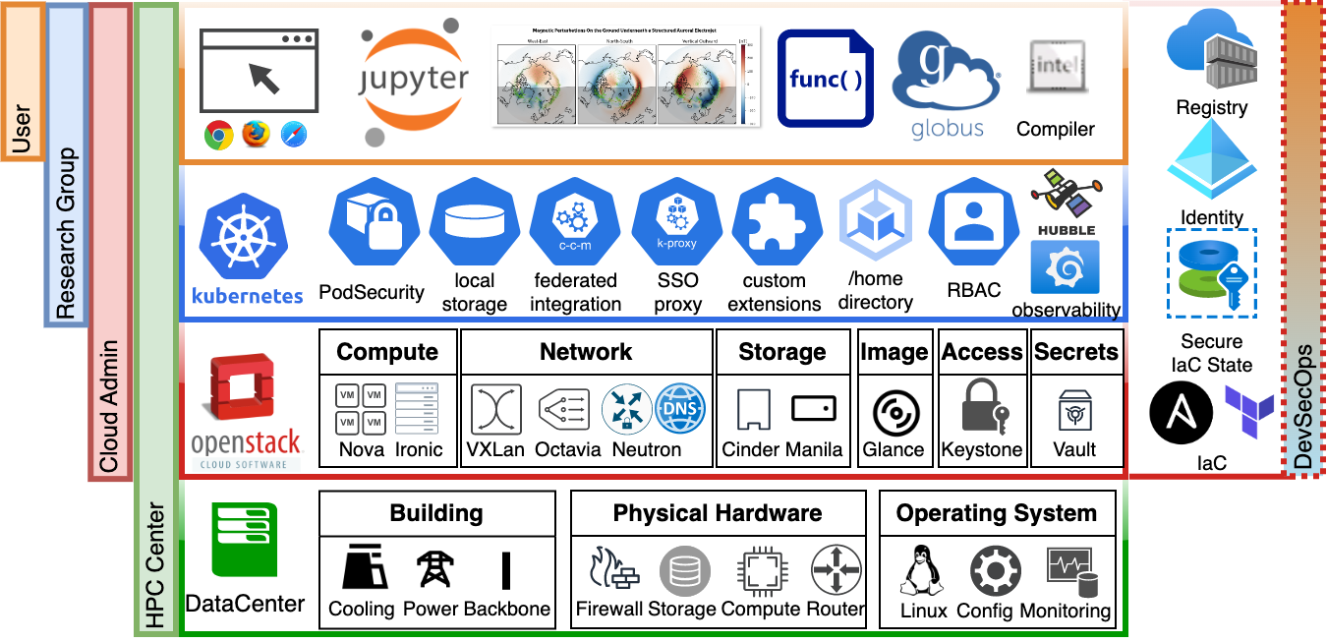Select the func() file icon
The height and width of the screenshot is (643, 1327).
[826, 79]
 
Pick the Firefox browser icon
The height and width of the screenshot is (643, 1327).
[256, 135]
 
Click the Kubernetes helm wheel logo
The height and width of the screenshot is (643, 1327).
[243, 240]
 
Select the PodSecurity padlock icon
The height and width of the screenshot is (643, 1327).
[372, 222]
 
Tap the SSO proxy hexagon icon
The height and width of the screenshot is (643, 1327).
[676, 222]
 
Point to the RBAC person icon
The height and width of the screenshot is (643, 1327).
[973, 222]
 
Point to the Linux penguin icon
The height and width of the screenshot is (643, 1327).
[923, 570]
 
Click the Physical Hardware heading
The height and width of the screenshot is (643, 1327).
[718, 513]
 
